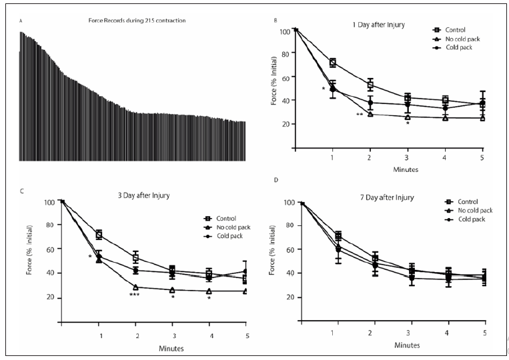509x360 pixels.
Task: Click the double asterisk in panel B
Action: point(360,115)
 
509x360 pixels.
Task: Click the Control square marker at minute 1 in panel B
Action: point(332,63)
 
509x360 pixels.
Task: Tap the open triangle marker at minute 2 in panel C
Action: point(137,287)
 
